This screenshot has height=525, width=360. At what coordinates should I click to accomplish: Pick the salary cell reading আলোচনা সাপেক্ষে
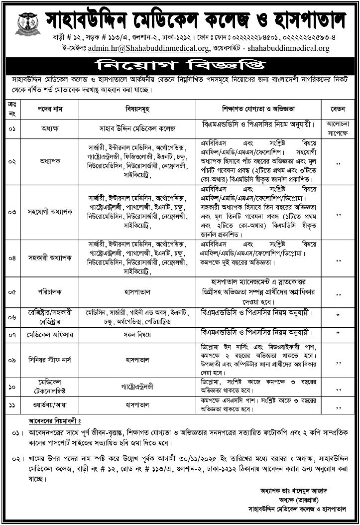pos(339,127)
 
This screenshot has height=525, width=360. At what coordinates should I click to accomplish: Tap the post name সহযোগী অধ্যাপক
pos(49,212)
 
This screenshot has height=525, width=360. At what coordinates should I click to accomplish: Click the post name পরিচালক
pos(49,291)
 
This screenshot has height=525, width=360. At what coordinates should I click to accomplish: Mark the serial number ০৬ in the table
pos(11,316)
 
